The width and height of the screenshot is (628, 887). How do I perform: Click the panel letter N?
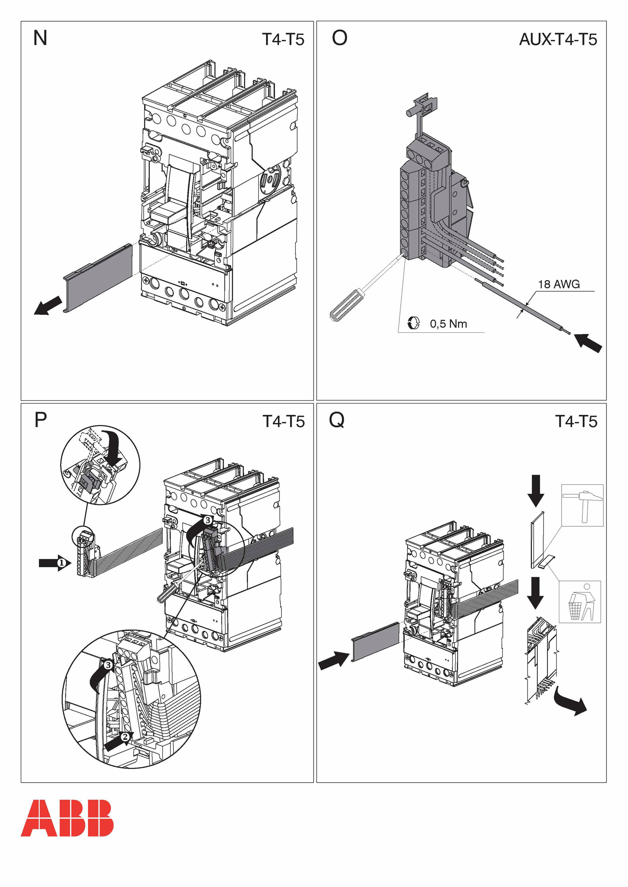tap(40, 38)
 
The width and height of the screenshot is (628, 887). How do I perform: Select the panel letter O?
tap(340, 38)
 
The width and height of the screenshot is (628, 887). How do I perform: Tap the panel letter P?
tap(41, 420)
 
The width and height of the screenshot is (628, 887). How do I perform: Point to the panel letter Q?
tap(337, 420)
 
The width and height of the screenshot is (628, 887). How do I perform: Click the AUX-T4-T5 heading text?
tap(558, 39)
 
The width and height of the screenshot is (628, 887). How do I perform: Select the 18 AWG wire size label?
tap(559, 284)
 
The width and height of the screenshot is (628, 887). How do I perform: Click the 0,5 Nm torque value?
tap(449, 324)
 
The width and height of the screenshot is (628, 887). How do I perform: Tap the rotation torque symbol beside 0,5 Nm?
tap(413, 323)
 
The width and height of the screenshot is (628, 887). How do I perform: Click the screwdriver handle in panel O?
tap(345, 306)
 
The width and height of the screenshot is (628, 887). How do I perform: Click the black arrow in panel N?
tap(48, 305)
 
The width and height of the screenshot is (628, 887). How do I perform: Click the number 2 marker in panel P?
tap(125, 737)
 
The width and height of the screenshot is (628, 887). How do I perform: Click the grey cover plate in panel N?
tap(98, 277)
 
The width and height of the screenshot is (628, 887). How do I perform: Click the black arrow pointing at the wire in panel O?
tap(588, 343)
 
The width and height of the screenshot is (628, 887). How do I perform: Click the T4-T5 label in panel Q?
tap(576, 422)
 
